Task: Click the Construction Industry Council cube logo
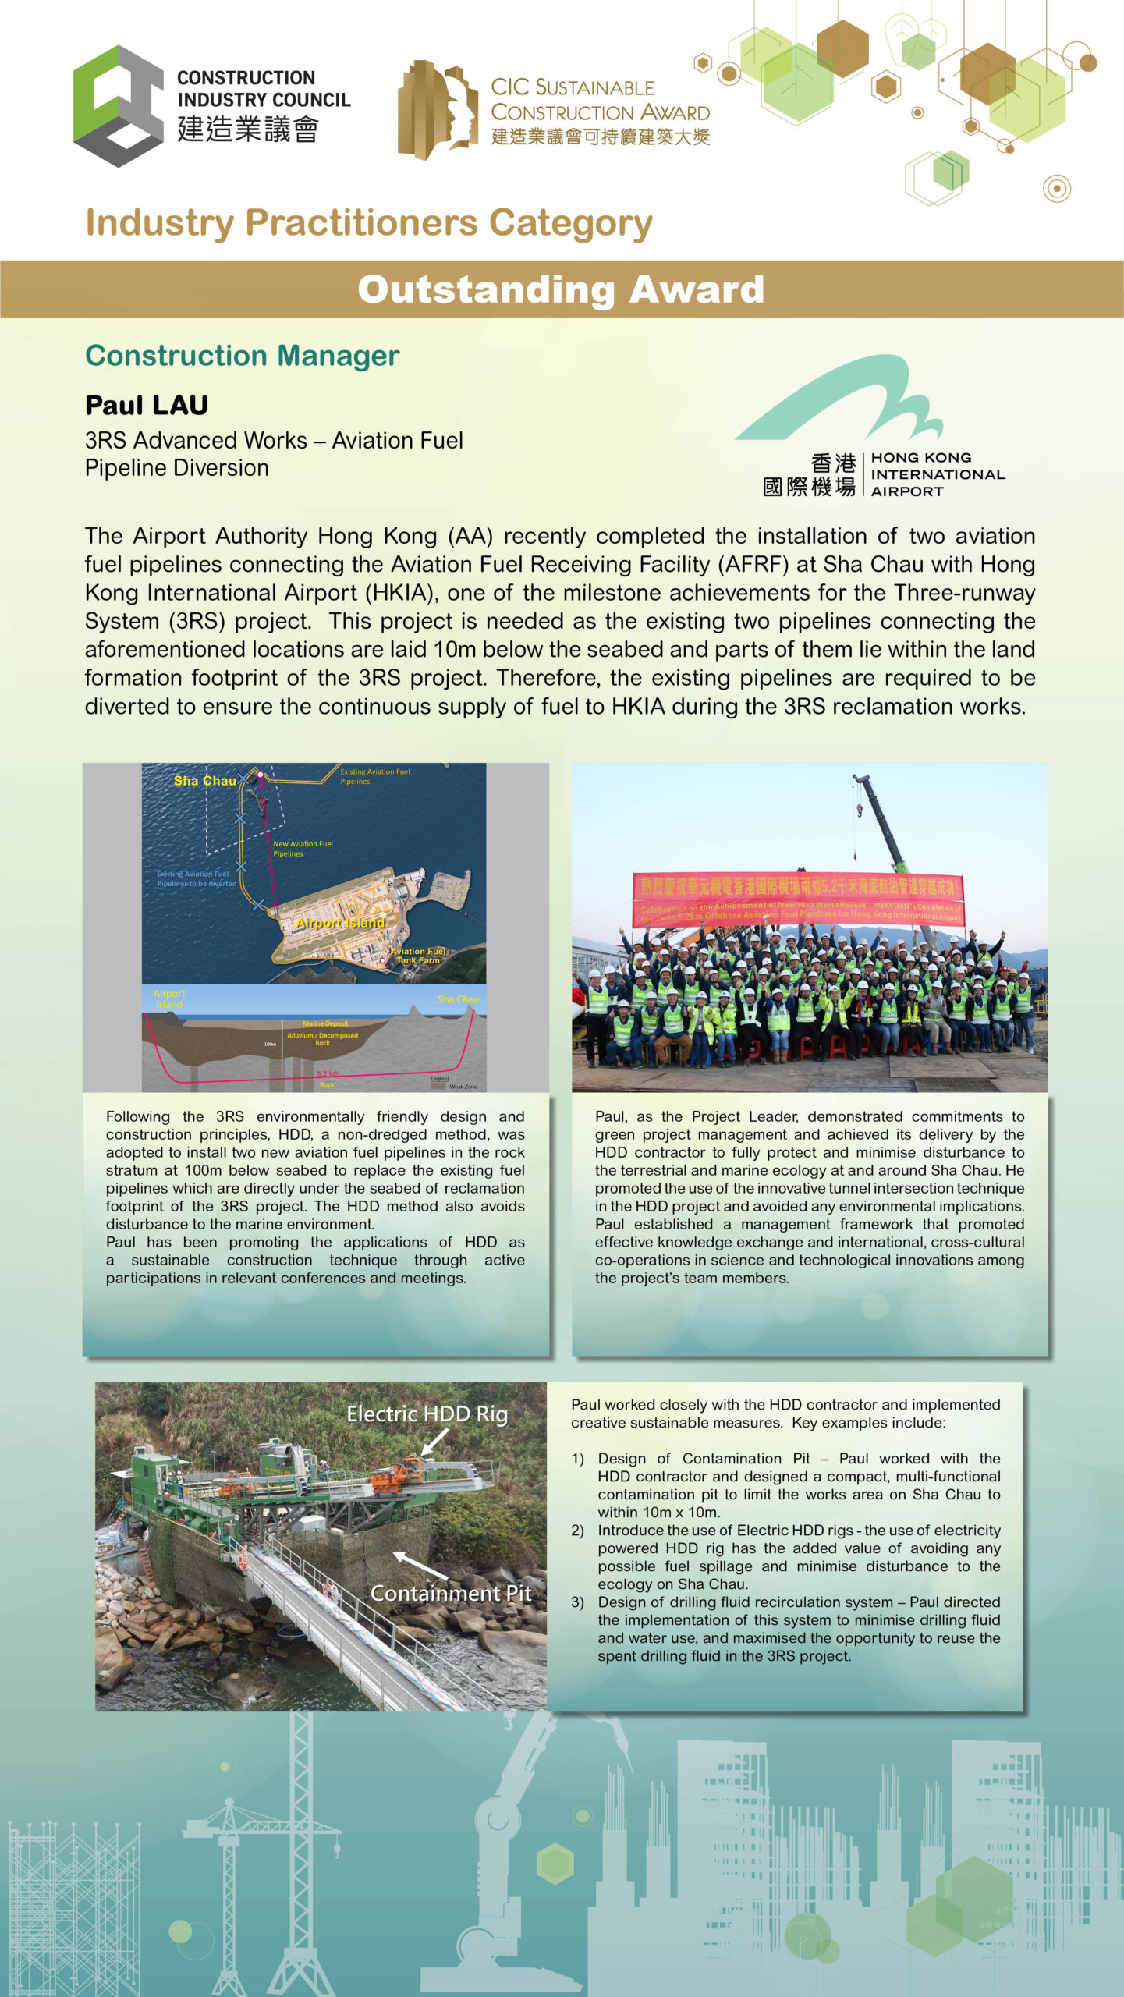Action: [117, 106]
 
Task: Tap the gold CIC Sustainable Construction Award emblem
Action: [437, 109]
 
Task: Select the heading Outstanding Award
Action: [561, 289]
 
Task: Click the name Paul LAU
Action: [147, 406]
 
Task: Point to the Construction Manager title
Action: [242, 356]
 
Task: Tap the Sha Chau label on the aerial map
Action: [204, 781]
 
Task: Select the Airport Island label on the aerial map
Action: [340, 923]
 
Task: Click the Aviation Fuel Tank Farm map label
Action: [418, 956]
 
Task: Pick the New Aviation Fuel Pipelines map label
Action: [302, 849]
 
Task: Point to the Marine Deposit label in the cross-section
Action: [325, 1023]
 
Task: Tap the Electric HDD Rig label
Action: [427, 1414]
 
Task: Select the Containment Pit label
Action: [450, 1593]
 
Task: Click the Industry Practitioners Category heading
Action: [369, 223]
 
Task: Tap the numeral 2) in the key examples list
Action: [577, 1531]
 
